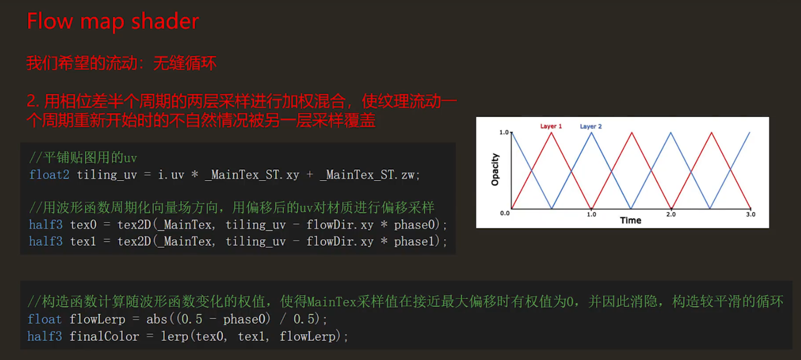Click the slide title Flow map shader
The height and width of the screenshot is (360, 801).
pyautogui.click(x=113, y=21)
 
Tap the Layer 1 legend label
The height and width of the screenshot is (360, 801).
pyautogui.click(x=551, y=126)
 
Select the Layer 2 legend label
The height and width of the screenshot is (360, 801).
pyautogui.click(x=591, y=126)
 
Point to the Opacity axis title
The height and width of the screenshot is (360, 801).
pyautogui.click(x=495, y=170)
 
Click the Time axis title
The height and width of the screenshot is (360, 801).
pyautogui.click(x=630, y=220)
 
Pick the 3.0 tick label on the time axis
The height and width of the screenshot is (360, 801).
pyautogui.click(x=750, y=214)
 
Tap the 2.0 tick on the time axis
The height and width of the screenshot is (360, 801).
pyautogui.click(x=671, y=214)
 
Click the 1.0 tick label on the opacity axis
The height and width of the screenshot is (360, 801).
pyautogui.click(x=504, y=132)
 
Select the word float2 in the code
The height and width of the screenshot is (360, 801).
pyautogui.click(x=49, y=175)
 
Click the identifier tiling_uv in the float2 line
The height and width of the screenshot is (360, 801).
pyautogui.click(x=106, y=175)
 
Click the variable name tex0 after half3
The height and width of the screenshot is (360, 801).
pyautogui.click(x=83, y=225)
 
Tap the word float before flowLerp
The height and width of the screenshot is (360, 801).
pyautogui.click(x=44, y=319)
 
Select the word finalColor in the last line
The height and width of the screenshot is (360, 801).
pyautogui.click(x=104, y=337)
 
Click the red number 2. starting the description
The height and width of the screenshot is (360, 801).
pyautogui.click(x=33, y=101)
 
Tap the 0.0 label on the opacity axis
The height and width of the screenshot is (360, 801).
pyautogui.click(x=505, y=213)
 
